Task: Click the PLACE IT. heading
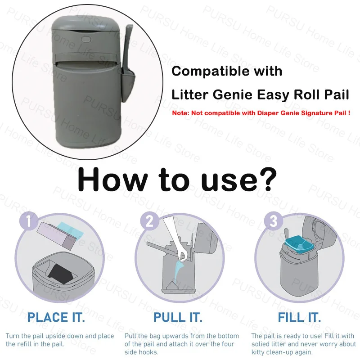tap(56, 318)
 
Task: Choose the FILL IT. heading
tap(299, 318)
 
